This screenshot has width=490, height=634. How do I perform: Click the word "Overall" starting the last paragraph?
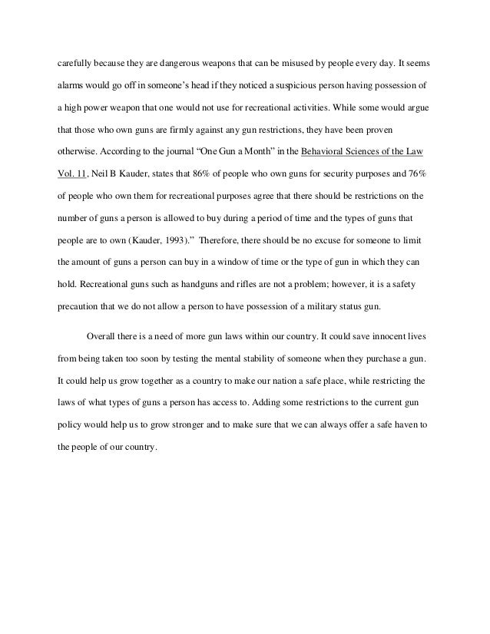tap(102, 335)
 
